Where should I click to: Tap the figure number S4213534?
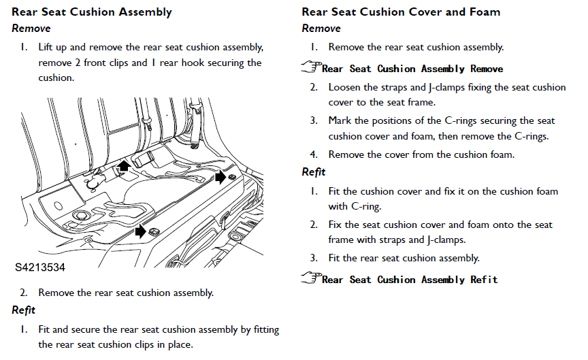[x=40, y=268]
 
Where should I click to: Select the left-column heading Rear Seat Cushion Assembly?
[x=92, y=12]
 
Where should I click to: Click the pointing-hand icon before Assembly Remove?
[x=311, y=67]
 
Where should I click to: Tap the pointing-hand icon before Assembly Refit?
[x=311, y=278]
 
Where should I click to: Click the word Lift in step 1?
[x=46, y=48]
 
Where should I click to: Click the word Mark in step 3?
[x=340, y=120]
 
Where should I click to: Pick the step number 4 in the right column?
[x=314, y=154]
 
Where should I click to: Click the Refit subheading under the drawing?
[x=24, y=311]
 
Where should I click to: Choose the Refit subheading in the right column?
[x=314, y=172]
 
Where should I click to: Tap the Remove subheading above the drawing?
[x=31, y=29]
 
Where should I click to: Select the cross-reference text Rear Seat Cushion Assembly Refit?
[x=410, y=280]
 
